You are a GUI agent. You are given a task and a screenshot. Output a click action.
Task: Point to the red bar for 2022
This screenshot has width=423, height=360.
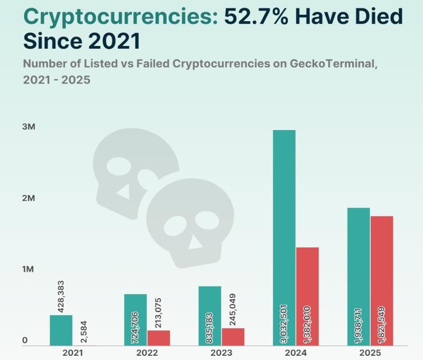pyautogui.click(x=159, y=338)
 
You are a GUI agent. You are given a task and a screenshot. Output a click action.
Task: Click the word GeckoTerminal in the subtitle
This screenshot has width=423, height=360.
pyautogui.click(x=333, y=64)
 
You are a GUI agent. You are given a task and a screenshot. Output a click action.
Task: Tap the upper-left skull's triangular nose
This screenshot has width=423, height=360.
pyautogui.click(x=124, y=191)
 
